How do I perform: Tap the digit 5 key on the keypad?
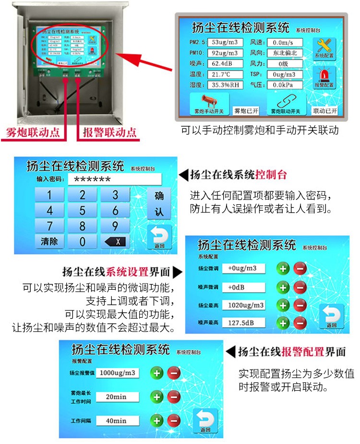point(82,210)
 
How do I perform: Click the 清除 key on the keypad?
point(49,241)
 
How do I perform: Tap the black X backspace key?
point(115,241)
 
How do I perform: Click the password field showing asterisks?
point(113,179)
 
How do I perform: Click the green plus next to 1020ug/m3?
point(283,305)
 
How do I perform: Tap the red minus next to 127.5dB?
point(300,322)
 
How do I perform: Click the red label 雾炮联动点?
point(33,133)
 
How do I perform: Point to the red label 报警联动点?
point(109,133)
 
